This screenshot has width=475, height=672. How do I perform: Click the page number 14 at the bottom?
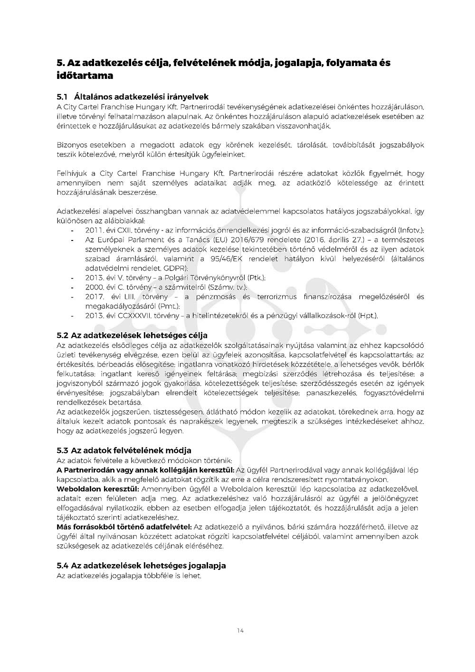point(240,631)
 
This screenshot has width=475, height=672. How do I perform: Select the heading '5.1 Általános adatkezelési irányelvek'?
point(133,97)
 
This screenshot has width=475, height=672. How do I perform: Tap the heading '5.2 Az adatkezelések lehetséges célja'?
point(132,336)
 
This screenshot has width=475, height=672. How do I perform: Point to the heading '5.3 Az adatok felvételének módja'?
point(124,450)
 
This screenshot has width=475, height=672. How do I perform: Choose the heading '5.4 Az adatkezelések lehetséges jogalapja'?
point(141,566)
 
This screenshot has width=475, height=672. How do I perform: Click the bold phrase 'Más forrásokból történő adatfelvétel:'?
point(124,527)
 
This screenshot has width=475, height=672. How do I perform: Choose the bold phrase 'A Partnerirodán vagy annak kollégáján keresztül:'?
point(145,470)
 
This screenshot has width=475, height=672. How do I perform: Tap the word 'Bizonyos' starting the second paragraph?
point(72,144)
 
